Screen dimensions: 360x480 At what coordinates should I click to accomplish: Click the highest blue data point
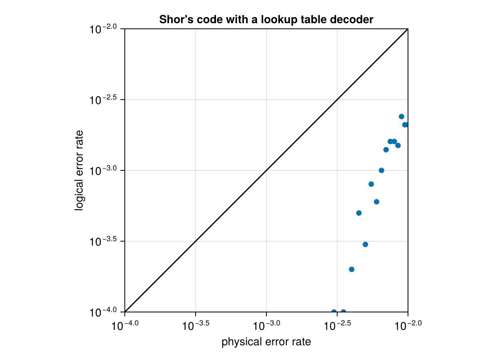tap(401, 116)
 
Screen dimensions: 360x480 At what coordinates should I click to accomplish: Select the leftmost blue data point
tap(334, 312)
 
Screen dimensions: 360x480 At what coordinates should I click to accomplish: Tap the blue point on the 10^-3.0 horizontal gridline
tap(381, 170)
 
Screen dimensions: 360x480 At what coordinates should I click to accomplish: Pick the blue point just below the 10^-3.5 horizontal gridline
tap(365, 244)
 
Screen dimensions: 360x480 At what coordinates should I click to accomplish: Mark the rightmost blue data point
tap(406, 125)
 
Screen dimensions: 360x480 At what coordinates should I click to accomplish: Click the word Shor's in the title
tap(173, 19)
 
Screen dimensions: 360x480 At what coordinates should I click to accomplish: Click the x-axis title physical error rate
tap(266, 342)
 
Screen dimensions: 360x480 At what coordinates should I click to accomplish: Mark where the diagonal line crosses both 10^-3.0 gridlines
tap(266, 170)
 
